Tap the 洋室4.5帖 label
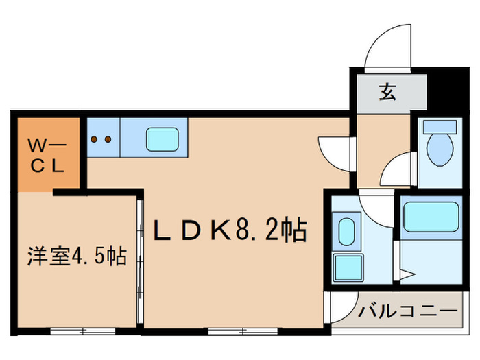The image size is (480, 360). [x=77, y=256]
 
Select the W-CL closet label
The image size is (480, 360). [x=46, y=155]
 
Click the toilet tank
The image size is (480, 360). [x=439, y=127]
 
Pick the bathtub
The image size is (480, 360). [x=431, y=217]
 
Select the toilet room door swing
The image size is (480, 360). [x=398, y=169]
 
